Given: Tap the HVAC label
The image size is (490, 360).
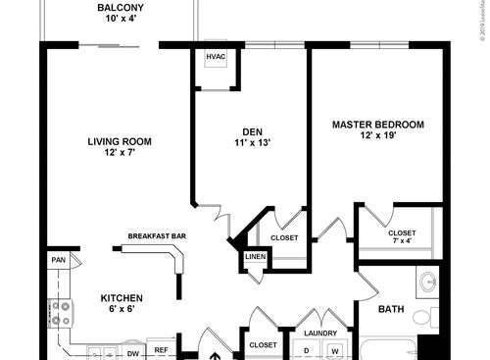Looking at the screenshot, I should point(216,57).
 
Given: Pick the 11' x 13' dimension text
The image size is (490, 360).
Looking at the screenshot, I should point(252,144).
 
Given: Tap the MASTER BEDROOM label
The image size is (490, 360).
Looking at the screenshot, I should point(377,125).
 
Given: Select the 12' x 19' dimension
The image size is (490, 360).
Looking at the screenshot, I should point(377,137).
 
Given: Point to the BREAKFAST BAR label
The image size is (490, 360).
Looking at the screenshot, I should point(157,236).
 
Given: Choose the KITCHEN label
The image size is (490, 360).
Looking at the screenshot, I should point(122,298).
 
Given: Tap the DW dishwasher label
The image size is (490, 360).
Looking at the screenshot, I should point(134,350).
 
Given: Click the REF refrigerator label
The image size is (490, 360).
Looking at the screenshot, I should point(161,350).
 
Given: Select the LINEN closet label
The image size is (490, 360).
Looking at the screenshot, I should point(255,257).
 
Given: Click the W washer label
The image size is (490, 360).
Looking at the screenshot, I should point(333,350).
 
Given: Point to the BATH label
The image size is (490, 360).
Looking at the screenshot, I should point(392,310).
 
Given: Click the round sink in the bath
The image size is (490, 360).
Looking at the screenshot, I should point(428,283).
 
